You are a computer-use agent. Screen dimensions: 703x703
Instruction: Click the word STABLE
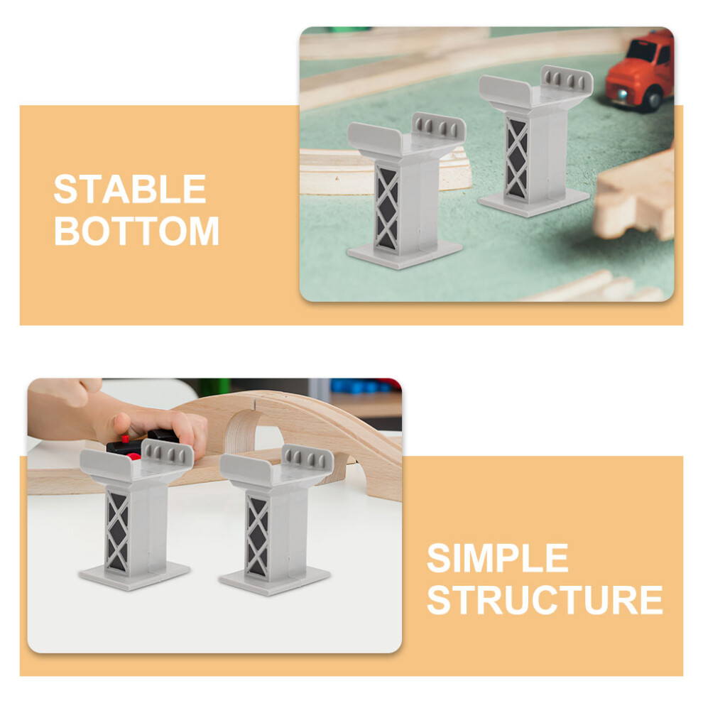[130, 189]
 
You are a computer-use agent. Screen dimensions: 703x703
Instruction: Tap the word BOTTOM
[137, 231]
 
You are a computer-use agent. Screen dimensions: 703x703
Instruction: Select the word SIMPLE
[498, 558]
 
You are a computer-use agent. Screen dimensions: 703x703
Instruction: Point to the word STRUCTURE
[545, 600]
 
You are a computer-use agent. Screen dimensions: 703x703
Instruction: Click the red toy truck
[641, 72]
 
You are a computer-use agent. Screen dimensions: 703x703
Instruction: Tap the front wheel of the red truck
[653, 99]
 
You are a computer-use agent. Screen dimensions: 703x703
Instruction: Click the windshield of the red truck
[641, 50]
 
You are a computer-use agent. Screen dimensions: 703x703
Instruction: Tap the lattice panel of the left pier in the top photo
[386, 208]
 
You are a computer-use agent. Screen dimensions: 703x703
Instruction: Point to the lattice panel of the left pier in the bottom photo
[117, 532]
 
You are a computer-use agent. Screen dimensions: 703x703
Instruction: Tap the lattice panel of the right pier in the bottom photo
[257, 536]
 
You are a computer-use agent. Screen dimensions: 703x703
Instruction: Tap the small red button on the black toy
[125, 438]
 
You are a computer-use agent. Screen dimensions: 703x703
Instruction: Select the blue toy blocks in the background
[359, 386]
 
